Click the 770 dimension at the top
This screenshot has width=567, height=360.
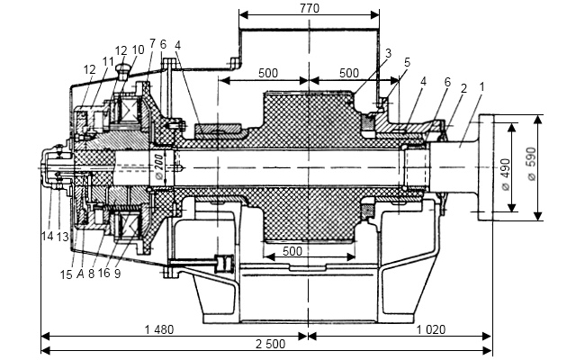310,8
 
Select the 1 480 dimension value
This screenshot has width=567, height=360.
159,329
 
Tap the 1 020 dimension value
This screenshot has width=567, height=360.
431,329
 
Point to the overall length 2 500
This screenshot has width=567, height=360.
271,344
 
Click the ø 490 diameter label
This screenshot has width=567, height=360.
506,174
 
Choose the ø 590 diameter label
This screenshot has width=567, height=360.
532,164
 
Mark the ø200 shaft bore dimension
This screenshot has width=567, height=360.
158,167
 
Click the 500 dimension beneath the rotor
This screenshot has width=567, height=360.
292,251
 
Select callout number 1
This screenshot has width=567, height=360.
481,86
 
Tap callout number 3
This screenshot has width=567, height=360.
389,53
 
